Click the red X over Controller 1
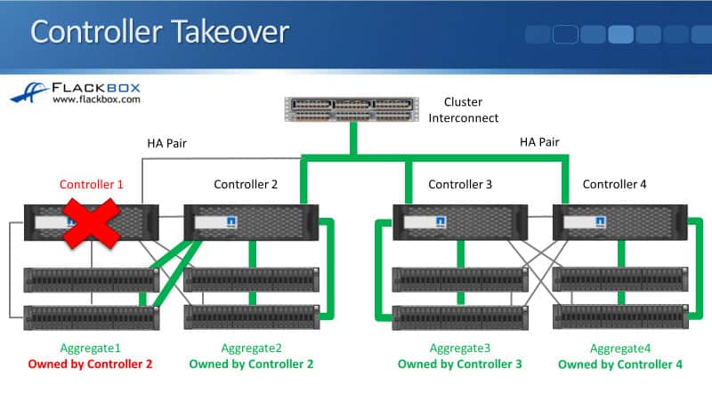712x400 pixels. click(92, 222)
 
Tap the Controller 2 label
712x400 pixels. click(246, 185)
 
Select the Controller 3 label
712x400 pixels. click(460, 185)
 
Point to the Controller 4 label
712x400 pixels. click(614, 185)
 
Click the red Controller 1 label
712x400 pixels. click(92, 185)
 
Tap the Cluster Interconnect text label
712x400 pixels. click(471, 109)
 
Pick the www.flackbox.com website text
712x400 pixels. click(96, 100)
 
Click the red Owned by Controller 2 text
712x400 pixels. click(91, 364)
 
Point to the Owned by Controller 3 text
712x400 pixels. click(459, 364)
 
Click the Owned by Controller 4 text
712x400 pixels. click(619, 364)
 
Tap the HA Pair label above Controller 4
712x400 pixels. click(540, 141)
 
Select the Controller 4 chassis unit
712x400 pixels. click(619, 223)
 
